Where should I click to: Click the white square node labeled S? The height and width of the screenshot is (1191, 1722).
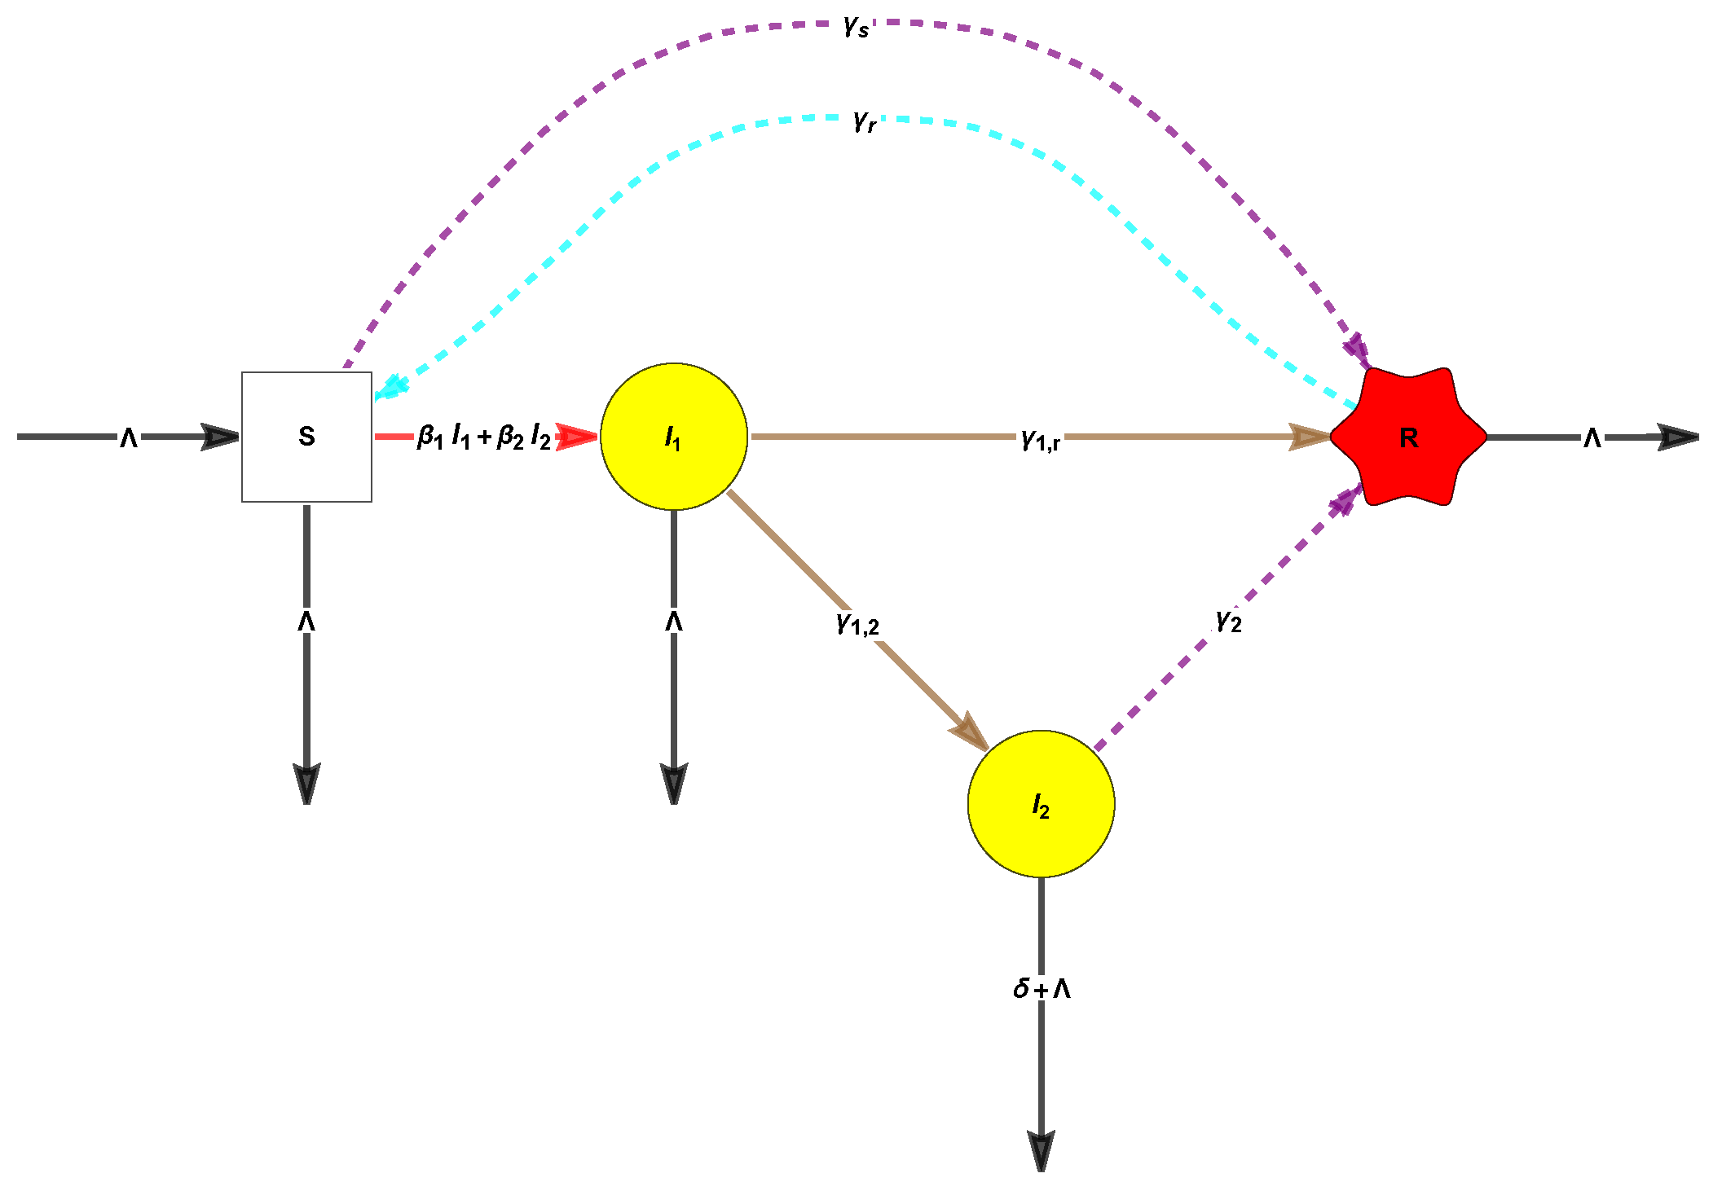click(x=306, y=437)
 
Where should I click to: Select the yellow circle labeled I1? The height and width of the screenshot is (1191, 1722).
click(x=673, y=437)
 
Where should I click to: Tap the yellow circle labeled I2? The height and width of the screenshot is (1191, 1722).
click(x=1041, y=804)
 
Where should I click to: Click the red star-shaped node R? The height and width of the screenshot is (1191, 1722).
click(x=1408, y=437)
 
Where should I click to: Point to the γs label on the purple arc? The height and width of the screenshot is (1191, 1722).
click(x=857, y=27)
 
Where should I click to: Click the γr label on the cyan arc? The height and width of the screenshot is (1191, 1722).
click(x=865, y=121)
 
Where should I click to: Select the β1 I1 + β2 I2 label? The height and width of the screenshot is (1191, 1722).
click(x=484, y=437)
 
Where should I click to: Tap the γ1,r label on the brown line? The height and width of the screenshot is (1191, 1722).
click(x=1041, y=440)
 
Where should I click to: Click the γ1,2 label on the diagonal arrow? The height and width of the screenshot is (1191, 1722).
click(x=857, y=624)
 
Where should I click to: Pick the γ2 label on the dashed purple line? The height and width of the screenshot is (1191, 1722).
click(x=1228, y=621)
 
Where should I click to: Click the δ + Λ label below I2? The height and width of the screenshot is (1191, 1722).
click(x=1042, y=989)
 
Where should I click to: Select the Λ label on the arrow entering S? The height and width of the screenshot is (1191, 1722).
click(x=129, y=438)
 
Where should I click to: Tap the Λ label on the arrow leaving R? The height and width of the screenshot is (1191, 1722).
click(x=1592, y=438)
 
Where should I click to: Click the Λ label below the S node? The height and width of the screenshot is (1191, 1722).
click(x=306, y=622)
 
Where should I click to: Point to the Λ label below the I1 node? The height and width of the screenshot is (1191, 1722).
click(x=674, y=622)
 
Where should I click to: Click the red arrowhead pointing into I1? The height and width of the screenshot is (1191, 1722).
click(x=577, y=437)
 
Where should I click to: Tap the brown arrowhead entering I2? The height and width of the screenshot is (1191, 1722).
click(x=970, y=731)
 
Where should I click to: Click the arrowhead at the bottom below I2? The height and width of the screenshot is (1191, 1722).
click(x=1042, y=1150)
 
